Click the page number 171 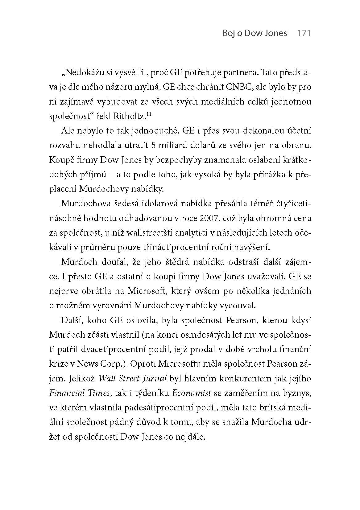(x=303, y=33)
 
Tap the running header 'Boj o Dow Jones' (x=255, y=33)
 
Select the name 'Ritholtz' (x=130, y=116)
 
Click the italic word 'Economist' (x=191, y=393)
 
